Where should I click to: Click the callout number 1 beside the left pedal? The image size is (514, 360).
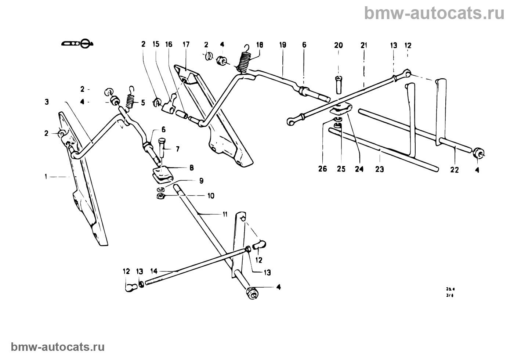click(46, 177)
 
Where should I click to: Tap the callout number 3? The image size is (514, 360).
click(47, 101)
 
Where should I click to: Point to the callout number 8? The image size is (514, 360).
click(192, 168)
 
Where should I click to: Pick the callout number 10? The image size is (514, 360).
click(211, 196)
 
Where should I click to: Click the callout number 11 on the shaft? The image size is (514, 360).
click(225, 214)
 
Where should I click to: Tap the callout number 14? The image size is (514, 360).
click(154, 271)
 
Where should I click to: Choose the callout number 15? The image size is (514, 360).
click(156, 44)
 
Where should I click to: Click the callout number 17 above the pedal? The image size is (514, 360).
click(186, 44)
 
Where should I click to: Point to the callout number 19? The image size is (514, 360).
click(282, 45)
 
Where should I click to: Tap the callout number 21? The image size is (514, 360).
click(364, 45)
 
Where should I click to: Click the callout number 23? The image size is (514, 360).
click(380, 169)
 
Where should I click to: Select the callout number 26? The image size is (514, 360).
click(322, 169)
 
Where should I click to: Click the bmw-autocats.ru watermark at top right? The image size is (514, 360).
click(435, 13)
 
